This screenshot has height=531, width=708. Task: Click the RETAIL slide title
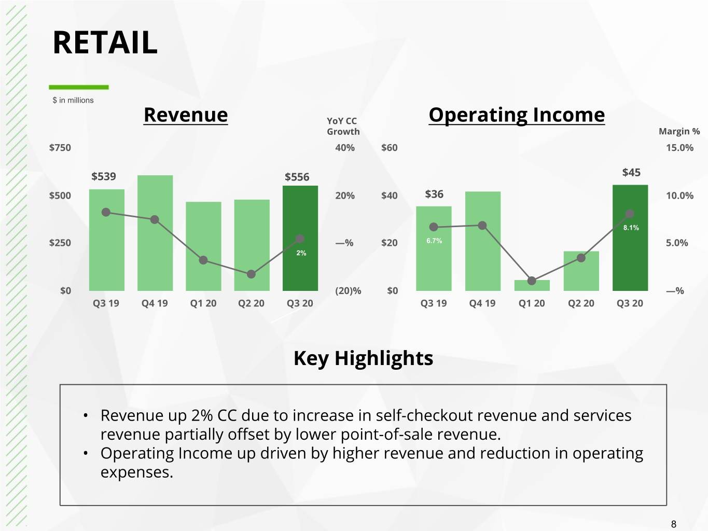point(105,43)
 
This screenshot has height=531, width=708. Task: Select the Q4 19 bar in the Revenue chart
point(155,233)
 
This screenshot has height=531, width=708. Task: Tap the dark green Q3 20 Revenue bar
point(300,238)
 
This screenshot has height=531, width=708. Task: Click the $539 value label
point(104,176)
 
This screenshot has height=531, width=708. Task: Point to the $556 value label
point(297,177)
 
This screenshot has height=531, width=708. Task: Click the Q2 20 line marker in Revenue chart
point(251,274)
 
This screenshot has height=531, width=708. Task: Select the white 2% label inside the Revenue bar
point(301,253)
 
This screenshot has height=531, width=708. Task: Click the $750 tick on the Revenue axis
point(60,148)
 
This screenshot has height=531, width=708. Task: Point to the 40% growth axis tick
point(345,148)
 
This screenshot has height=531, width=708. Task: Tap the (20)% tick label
point(348,291)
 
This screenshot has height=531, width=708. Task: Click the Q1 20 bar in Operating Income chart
point(532,285)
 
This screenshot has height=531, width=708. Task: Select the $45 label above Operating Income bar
point(631,173)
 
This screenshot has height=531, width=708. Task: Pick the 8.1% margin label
point(631,228)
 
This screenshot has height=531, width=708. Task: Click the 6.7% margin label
point(434,241)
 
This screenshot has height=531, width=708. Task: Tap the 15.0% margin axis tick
point(679,148)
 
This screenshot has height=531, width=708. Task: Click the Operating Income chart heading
point(517,115)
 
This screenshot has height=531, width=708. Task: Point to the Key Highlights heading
point(363,358)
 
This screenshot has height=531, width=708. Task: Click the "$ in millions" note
point(73,100)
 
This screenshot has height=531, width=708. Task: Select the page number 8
point(673,524)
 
